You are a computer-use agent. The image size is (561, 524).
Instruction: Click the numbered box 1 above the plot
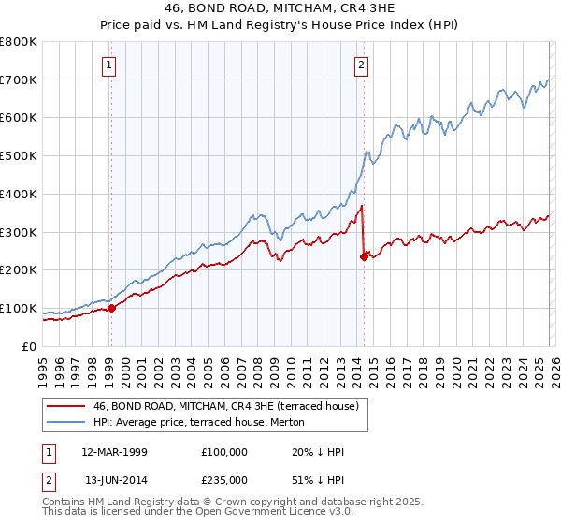(110, 65)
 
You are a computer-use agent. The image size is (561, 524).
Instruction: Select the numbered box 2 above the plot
(361, 65)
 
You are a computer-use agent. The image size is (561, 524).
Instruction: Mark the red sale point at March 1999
(111, 307)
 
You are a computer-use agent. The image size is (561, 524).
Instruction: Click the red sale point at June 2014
(364, 256)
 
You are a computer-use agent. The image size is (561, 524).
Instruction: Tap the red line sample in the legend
(65, 406)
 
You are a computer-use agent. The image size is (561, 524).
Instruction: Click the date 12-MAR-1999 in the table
(114, 452)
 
